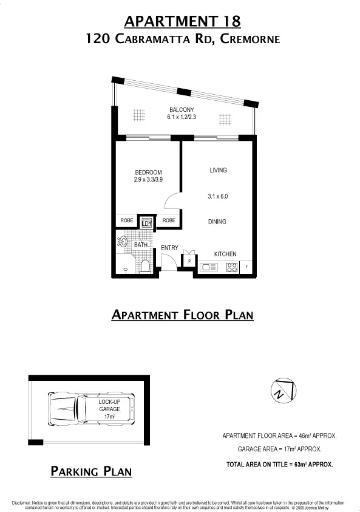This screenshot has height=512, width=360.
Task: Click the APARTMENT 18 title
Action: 182,21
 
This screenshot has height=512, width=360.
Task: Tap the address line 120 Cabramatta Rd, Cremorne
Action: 182,39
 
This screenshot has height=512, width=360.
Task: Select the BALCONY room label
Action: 182,109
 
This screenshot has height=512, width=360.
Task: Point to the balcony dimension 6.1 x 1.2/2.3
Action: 182,117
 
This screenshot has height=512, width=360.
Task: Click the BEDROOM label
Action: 148,172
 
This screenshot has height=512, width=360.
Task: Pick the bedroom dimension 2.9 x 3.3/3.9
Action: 148,180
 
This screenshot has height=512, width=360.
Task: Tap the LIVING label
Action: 218,170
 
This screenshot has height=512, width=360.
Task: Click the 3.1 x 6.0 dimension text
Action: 218,196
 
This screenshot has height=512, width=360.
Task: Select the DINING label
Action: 217,222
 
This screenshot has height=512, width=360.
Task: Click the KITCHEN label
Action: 225,254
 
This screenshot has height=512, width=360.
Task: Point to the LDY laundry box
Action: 146,223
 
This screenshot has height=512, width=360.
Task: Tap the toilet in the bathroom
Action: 144,265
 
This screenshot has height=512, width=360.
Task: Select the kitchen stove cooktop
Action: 231,267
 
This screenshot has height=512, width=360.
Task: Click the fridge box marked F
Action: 247,267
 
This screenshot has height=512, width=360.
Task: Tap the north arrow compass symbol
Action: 284,390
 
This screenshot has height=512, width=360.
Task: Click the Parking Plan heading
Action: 90,471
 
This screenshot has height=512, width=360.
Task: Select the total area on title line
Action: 279,463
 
